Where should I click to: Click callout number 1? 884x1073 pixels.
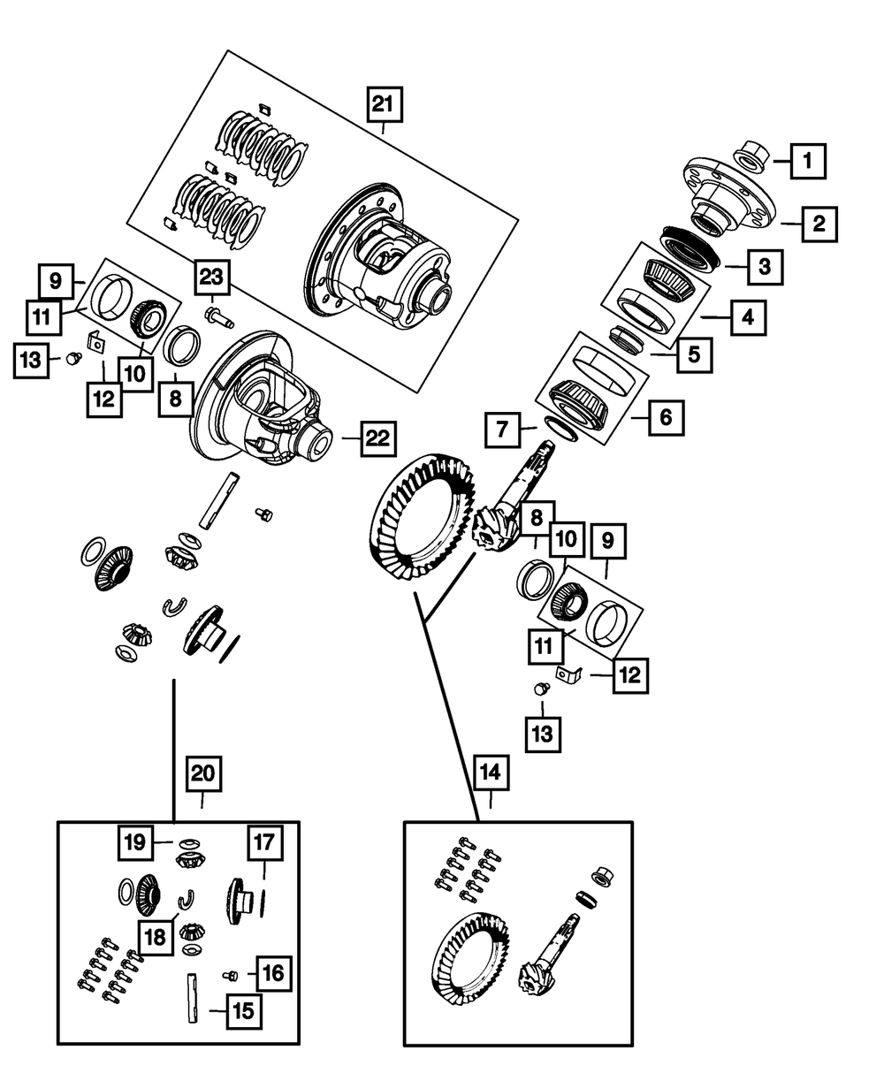point(808,162)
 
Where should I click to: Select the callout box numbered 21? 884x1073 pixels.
point(383,106)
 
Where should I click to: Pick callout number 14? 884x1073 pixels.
point(491,772)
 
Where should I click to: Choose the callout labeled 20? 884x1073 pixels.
point(203,773)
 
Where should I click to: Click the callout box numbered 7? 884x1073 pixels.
point(501,431)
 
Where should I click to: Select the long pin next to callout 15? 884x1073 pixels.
point(191,997)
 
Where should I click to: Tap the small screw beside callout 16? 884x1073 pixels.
point(231,975)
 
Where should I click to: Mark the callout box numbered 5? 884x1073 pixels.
point(694,354)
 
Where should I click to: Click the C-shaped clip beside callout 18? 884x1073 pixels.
point(186,901)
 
